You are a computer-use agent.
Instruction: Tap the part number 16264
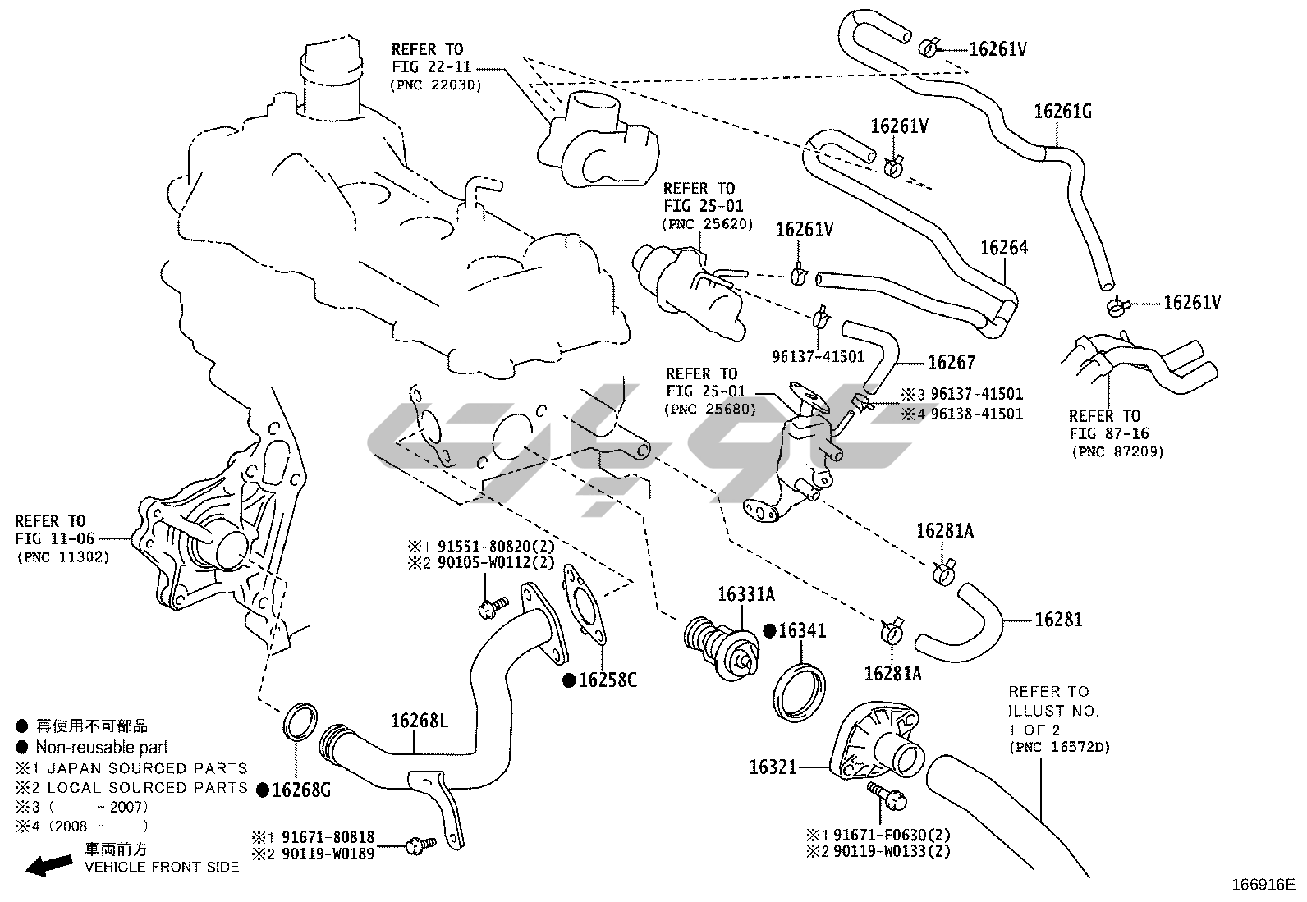click(1004, 247)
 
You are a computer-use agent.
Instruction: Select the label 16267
click(952, 362)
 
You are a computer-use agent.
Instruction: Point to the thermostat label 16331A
click(746, 594)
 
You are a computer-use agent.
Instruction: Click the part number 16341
click(802, 631)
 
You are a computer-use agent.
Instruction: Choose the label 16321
click(773, 767)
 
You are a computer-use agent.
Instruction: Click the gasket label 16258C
click(608, 680)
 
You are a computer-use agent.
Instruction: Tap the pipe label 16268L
click(420, 721)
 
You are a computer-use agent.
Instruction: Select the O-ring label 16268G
click(300, 790)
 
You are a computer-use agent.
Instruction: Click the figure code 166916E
click(1262, 885)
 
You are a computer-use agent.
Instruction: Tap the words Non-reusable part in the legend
click(101, 747)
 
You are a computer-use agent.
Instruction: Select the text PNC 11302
click(62, 557)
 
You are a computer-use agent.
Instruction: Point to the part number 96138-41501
click(972, 414)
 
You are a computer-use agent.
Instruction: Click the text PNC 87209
click(1117, 451)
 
